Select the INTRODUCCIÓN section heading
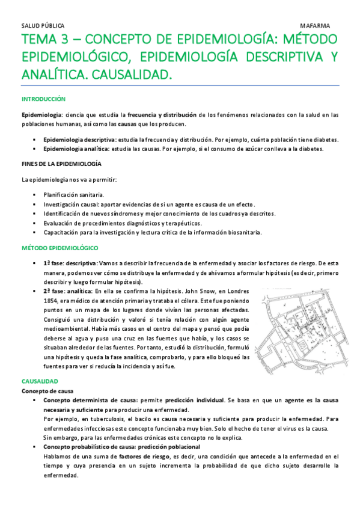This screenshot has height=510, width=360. click(43, 99)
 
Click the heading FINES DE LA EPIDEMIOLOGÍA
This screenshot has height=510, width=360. click(61, 164)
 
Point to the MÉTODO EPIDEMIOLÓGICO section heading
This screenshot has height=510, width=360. click(58, 247)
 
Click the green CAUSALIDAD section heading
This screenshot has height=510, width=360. click(40, 381)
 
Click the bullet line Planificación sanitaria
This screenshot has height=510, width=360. click(73, 195)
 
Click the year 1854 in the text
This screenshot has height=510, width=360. click(52, 301)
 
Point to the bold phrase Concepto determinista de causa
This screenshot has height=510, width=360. click(91, 400)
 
